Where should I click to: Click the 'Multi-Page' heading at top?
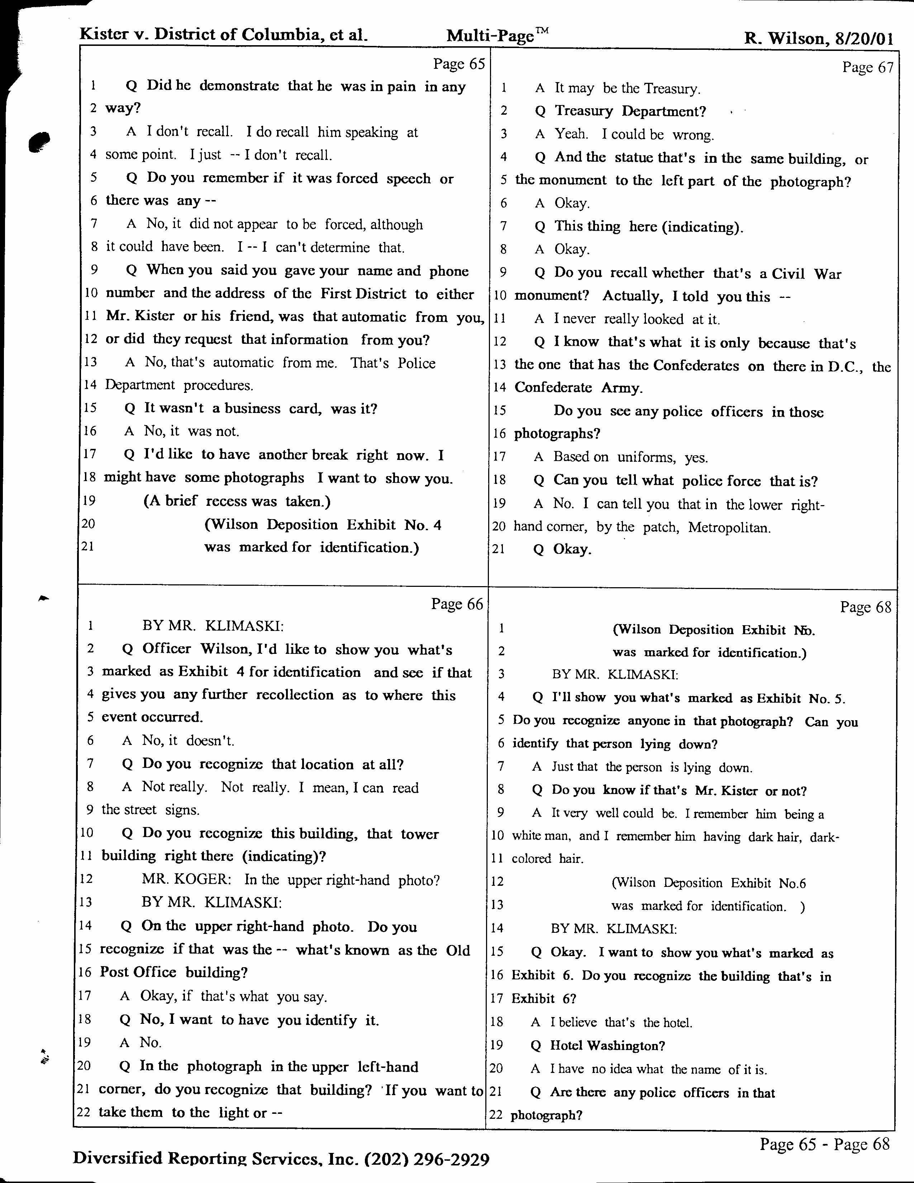coord(490,36)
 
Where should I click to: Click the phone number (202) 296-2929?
coord(427,1159)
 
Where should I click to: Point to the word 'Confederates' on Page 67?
coord(696,366)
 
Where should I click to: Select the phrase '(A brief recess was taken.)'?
coord(237,501)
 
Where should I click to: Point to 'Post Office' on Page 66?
coord(138,972)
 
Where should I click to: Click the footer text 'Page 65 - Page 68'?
coord(824,1144)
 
